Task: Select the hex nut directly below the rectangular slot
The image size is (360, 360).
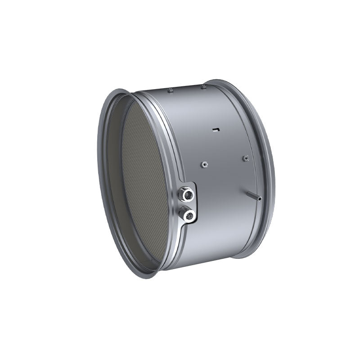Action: point(204,164)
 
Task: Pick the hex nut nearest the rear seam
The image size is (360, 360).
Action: point(245,158)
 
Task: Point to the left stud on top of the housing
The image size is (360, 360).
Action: point(170,90)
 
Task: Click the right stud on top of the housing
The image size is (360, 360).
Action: point(203,86)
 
